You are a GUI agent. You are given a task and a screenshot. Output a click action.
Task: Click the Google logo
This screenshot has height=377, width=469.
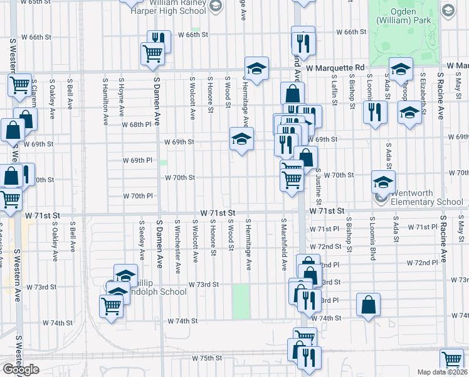(21, 369)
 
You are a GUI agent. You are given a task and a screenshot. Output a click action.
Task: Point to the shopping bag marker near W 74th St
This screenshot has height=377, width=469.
(369, 305)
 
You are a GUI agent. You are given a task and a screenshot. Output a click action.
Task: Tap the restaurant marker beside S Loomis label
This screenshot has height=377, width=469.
(375, 112)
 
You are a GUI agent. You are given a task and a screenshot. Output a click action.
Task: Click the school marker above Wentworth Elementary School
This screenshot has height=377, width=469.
(383, 182)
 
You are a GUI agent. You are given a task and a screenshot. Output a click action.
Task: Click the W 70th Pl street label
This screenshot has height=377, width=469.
(142, 196)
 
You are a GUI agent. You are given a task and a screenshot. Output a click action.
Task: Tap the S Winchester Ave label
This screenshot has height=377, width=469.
(179, 246)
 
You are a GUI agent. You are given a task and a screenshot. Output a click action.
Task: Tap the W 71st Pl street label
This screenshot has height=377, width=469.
(421, 226)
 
